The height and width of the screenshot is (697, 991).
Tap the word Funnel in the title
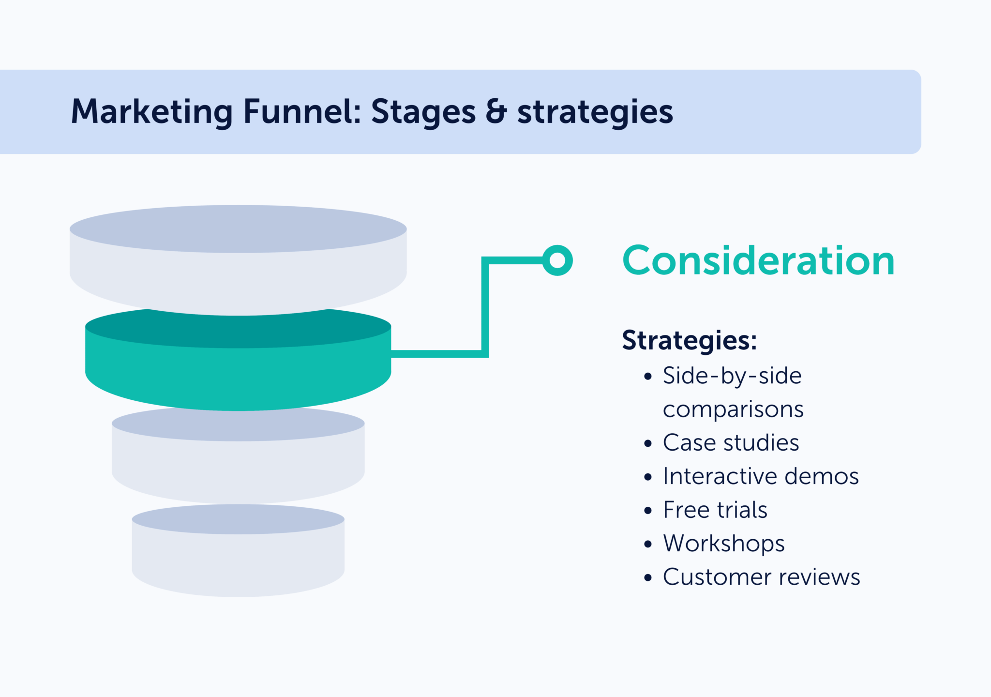[x=302, y=112]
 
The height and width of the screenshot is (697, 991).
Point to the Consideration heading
[x=758, y=261]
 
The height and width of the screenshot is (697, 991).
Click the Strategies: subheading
[x=689, y=340]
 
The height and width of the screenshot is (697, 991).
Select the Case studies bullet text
[x=731, y=443]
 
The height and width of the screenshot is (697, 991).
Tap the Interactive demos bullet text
[x=761, y=476]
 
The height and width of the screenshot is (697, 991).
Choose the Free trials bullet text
[x=715, y=510]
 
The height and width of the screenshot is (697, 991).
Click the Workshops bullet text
[x=723, y=544]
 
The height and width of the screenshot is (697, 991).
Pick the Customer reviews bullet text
[x=761, y=577]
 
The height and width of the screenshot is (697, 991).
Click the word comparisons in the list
[x=733, y=409]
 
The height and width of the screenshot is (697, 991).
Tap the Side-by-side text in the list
[x=732, y=376]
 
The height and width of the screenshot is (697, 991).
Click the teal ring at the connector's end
[x=557, y=260]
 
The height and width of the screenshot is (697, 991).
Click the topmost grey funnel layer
[x=238, y=261]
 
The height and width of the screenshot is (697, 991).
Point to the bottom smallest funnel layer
[x=238, y=557]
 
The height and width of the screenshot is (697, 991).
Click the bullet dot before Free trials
[x=648, y=511]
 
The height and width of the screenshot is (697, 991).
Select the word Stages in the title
[x=423, y=112]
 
